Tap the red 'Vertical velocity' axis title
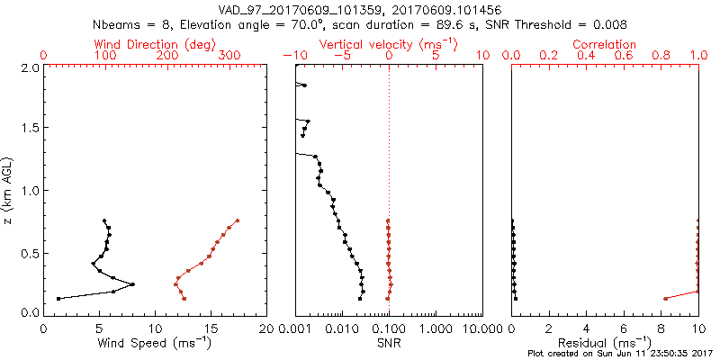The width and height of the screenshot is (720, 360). point(389,44)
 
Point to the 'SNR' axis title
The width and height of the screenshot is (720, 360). point(389,342)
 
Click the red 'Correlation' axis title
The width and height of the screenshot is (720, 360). point(605,44)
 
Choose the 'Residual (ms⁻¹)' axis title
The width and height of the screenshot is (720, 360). point(605,342)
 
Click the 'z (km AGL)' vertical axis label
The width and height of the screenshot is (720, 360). point(8,189)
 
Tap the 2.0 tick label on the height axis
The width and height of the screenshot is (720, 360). point(29,67)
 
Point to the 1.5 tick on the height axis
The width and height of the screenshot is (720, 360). point(29,129)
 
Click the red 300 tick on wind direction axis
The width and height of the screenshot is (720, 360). point(229,56)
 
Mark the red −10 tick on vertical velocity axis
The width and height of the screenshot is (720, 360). point(292,56)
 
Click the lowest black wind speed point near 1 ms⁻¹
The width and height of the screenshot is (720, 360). point(58,299)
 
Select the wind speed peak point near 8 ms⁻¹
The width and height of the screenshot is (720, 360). point(133,284)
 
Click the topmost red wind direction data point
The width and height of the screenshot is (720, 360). point(238,220)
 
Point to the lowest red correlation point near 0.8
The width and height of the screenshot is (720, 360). point(665,299)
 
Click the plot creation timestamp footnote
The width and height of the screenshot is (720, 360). point(619,354)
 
